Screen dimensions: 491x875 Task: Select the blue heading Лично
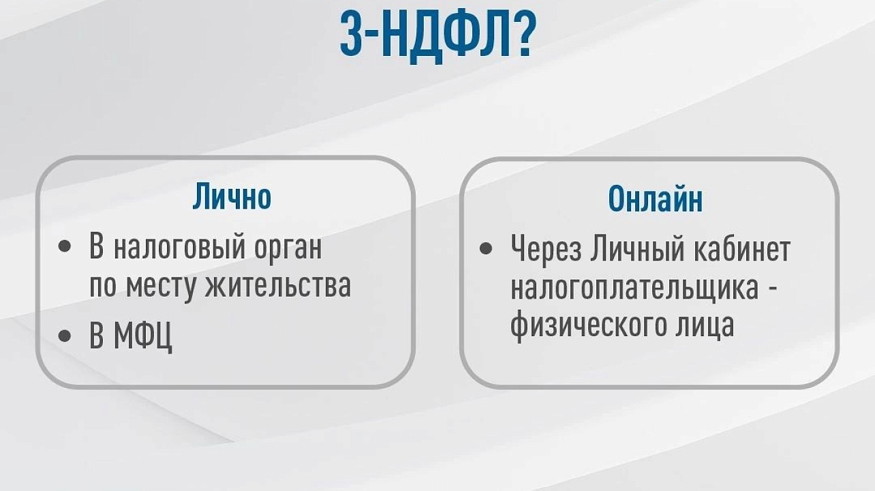click(x=231, y=196)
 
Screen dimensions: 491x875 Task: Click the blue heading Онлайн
click(x=655, y=199)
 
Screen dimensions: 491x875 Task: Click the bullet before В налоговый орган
click(x=65, y=246)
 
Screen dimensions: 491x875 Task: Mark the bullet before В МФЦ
click(x=65, y=335)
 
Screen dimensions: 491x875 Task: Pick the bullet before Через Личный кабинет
click(x=486, y=248)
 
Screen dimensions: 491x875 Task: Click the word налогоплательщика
click(x=634, y=287)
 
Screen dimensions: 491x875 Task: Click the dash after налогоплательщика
click(x=772, y=288)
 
